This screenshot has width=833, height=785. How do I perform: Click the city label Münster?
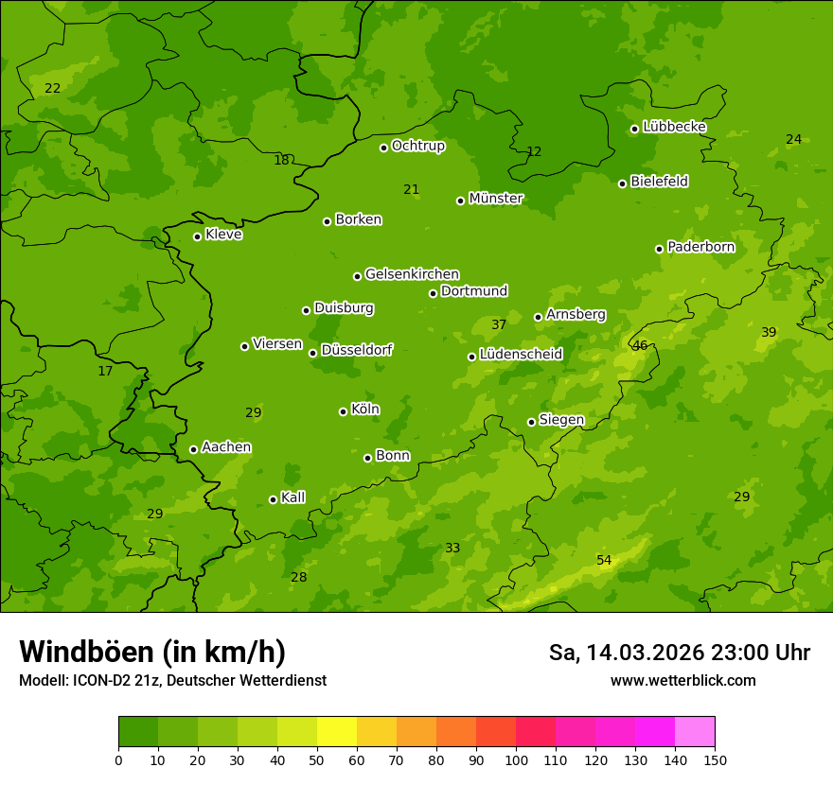(496, 199)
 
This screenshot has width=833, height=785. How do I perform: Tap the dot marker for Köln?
(343, 411)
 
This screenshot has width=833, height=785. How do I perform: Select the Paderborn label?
(700, 247)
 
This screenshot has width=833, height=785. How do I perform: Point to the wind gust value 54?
(604, 561)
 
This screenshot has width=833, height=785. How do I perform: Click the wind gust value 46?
(640, 346)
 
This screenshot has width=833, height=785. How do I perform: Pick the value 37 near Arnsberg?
(499, 325)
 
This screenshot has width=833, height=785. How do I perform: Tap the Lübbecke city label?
(674, 127)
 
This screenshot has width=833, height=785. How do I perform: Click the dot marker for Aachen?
(193, 449)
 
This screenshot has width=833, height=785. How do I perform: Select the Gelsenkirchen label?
(412, 274)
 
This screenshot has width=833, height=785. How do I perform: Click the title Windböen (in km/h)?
(152, 652)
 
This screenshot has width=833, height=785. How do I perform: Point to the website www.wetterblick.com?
(682, 680)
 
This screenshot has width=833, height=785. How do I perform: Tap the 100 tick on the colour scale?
(516, 759)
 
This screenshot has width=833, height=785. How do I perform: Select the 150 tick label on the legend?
(715, 759)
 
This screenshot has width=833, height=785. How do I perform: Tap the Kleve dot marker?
(197, 236)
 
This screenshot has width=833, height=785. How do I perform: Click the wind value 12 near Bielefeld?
(534, 152)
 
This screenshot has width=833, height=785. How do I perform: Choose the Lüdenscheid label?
(521, 355)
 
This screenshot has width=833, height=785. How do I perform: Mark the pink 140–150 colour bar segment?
(695, 732)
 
